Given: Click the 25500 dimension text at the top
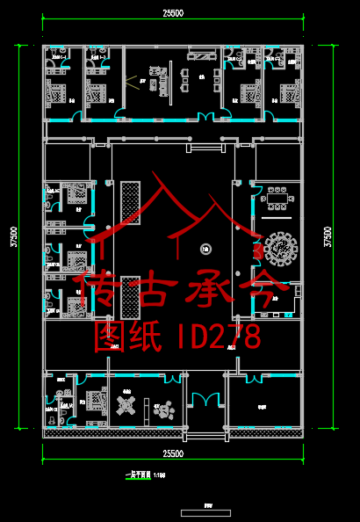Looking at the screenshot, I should [172, 12].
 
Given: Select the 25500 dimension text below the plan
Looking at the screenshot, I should [172, 453].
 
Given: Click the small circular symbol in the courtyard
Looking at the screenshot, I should [204, 249].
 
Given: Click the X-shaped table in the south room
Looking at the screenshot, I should [127, 406].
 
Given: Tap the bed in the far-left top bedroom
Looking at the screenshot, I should [56, 91].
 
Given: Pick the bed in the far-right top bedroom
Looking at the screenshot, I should [287, 91].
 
